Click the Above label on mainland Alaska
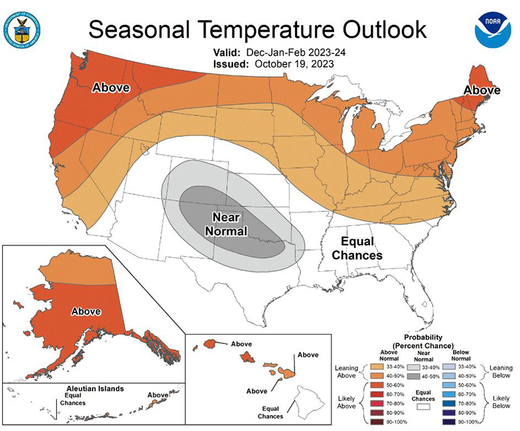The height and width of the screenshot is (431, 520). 86,312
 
